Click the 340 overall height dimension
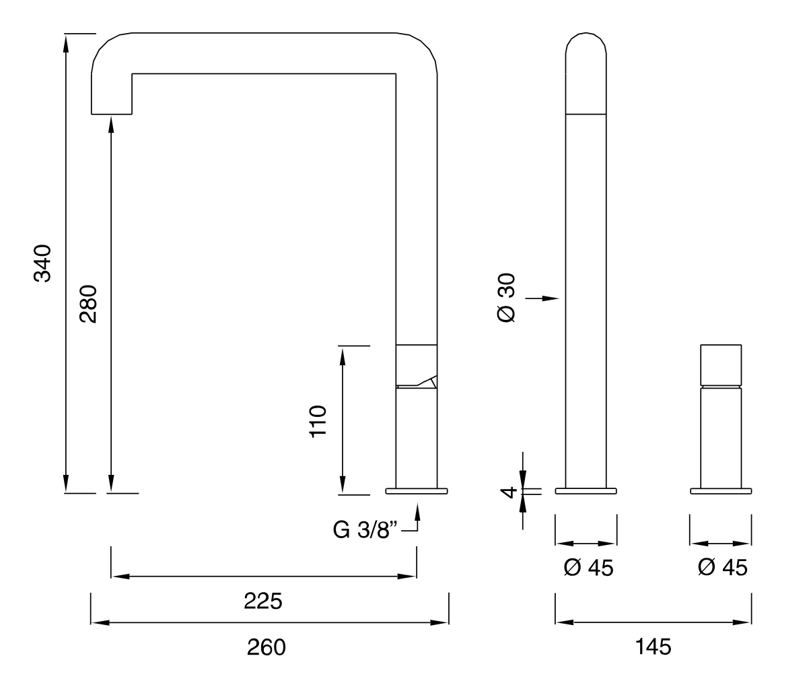42,263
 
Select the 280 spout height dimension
88,304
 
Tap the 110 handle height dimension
318,422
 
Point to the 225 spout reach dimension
263,601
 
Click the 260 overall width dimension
266,647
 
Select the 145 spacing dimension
653,647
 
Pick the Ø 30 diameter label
506,298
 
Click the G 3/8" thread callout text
365,529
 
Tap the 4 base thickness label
508,492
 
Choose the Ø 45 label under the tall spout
588,568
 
